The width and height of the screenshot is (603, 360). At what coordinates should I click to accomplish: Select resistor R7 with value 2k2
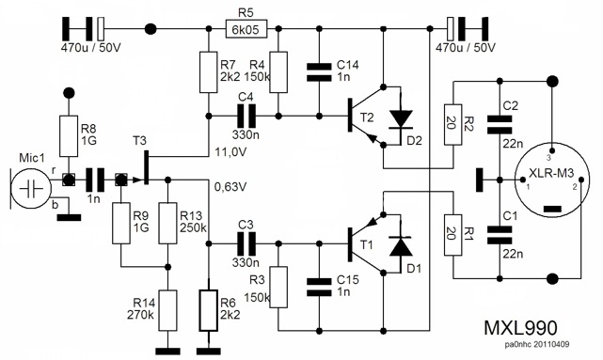tap(207, 73)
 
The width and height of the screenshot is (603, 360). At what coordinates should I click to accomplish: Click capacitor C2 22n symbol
tap(494, 119)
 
